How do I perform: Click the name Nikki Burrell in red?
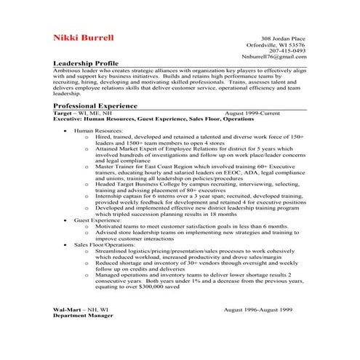pyautogui.click(x=83, y=37)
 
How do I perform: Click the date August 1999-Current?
pyautogui.click(x=253, y=113)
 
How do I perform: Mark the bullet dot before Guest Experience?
pyautogui.click(x=66, y=219)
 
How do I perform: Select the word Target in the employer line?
pyautogui.click(x=63, y=113)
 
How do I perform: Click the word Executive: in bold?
pyautogui.click(x=68, y=119)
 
